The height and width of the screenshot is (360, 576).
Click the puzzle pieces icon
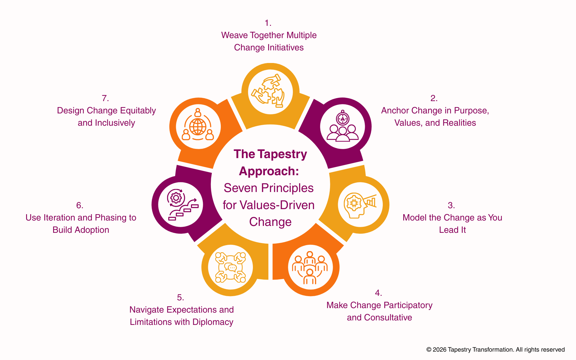click(x=270, y=91)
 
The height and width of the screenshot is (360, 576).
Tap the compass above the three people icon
click(x=343, y=118)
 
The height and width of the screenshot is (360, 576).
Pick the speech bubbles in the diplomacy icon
click(x=232, y=267)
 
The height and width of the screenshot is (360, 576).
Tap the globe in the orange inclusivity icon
click(x=198, y=127)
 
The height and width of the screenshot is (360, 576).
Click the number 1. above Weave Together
click(x=268, y=23)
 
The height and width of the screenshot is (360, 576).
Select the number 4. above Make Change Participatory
click(x=378, y=293)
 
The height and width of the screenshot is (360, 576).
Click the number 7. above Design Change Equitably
click(x=105, y=98)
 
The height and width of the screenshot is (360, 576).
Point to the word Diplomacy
click(x=213, y=322)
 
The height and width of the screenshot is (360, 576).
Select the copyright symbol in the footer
click(x=429, y=350)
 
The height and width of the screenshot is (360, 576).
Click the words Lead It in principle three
click(x=452, y=230)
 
